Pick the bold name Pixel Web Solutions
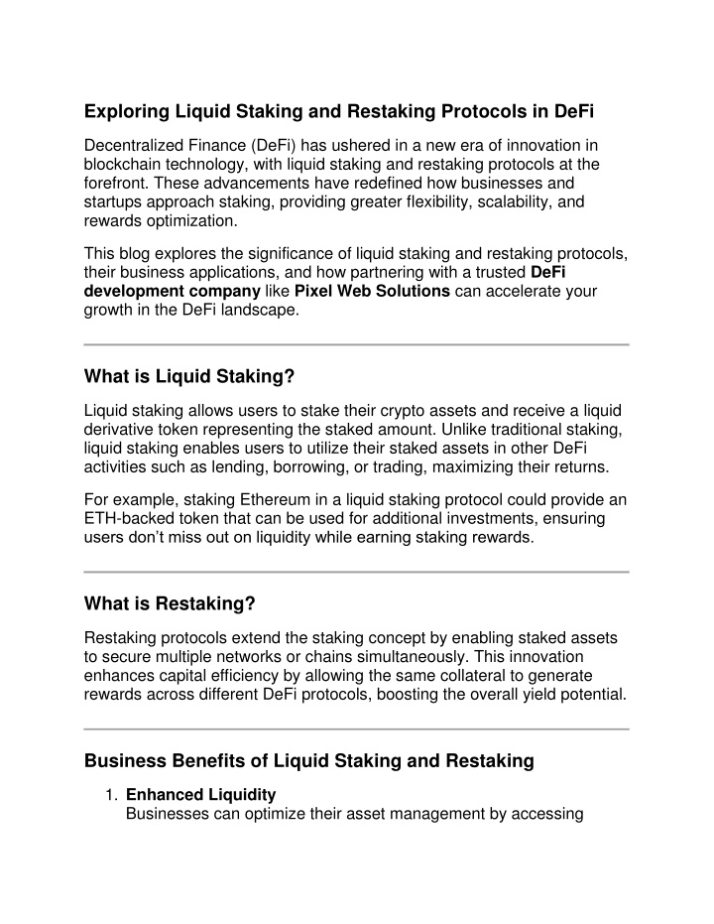373,291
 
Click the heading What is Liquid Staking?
190,376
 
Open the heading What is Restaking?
171,603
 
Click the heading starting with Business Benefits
309,761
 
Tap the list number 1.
112,796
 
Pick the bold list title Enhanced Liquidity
200,795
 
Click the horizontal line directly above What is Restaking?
357,572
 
